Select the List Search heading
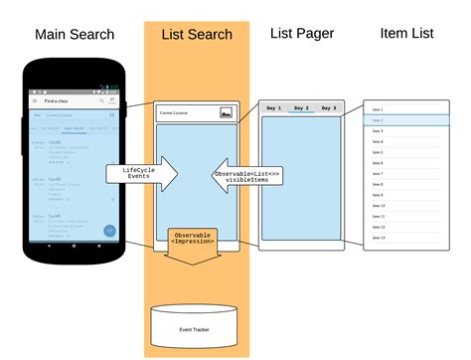196,35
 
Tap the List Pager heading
302,34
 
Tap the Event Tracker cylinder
194,323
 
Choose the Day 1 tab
273,107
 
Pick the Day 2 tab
301,107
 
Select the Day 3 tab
329,107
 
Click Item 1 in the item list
378,108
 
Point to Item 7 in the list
378,173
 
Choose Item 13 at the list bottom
378,238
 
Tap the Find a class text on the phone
59,100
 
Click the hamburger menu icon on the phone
36,100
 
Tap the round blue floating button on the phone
109,231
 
